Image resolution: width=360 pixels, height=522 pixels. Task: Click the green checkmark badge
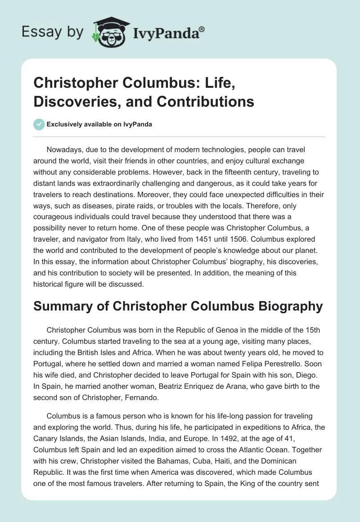point(39,124)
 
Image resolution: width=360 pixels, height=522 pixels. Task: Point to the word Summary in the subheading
point(63,306)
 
